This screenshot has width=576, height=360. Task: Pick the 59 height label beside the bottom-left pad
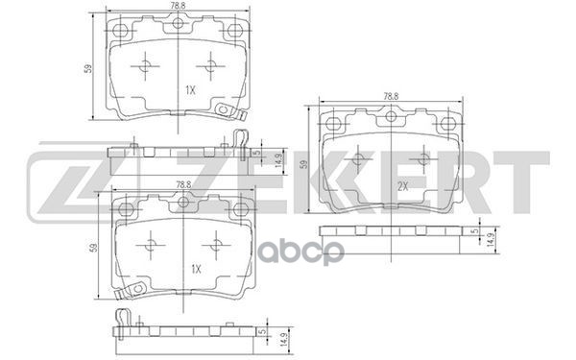[93, 247]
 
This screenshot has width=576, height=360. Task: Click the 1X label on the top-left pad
[189, 91]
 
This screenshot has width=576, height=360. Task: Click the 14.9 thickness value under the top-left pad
[277, 158]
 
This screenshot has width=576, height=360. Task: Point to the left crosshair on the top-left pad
[145, 66]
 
